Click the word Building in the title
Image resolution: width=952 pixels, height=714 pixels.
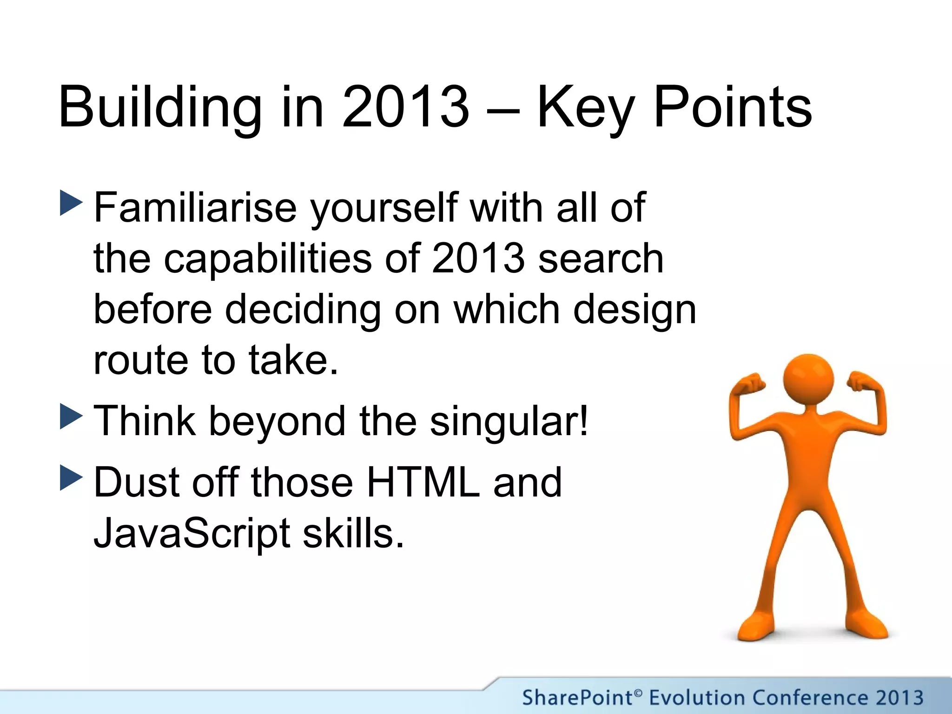point(160,108)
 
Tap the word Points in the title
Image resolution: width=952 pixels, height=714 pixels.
point(733,108)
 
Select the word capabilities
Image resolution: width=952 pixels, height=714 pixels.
point(268,259)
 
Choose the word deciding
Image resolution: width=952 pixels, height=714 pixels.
point(303,310)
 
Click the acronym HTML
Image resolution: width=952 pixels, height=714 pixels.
point(423,483)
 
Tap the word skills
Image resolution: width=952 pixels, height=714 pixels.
point(353,533)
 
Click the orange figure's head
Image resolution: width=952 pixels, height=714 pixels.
point(808,379)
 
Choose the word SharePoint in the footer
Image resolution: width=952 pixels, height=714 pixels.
point(577,698)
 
